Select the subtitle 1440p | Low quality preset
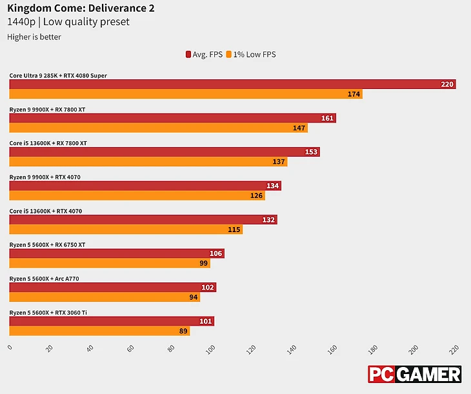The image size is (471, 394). click(68, 22)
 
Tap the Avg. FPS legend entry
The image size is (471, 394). click(204, 55)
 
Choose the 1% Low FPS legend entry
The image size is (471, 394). click(252, 55)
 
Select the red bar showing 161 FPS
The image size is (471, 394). click(172, 118)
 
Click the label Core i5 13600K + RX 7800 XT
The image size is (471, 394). click(48, 143)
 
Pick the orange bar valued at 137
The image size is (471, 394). click(148, 162)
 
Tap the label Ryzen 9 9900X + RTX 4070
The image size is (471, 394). click(45, 177)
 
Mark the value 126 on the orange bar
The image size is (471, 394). click(257, 195)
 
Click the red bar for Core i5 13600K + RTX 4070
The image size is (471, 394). click(143, 220)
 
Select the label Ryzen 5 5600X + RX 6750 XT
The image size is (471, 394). click(47, 245)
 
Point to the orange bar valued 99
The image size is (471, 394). click(109, 263)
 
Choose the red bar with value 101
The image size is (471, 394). click(111, 321)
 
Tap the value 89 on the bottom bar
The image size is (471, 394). click(183, 331)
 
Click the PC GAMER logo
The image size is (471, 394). click(415, 375)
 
